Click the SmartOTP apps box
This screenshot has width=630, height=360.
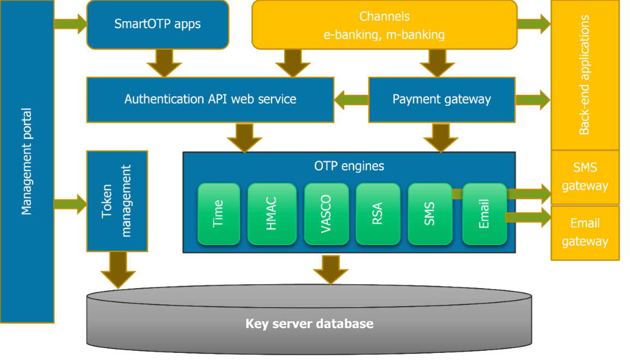(x=158, y=25)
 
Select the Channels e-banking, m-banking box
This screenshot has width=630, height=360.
(x=384, y=25)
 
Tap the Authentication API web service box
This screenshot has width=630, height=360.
(x=210, y=99)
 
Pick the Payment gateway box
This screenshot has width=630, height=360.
(x=441, y=99)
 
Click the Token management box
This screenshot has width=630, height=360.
(x=117, y=201)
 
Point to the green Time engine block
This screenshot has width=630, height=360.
(x=219, y=214)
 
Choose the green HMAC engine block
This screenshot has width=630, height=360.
(x=272, y=214)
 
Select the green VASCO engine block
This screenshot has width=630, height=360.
(x=326, y=214)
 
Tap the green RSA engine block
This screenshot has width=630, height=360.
(x=377, y=214)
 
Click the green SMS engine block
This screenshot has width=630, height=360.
(x=430, y=214)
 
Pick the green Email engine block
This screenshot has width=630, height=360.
(x=484, y=214)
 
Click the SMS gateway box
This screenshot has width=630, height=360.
(x=585, y=177)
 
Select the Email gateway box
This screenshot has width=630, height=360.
(x=585, y=232)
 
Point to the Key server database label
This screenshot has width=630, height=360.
(x=309, y=324)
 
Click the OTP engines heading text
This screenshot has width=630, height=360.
(x=349, y=166)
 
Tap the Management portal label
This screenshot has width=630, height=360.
(x=26, y=161)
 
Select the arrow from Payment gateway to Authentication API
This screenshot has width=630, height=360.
(x=351, y=99)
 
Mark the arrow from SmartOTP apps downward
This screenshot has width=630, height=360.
(x=164, y=62)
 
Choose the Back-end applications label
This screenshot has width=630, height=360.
(x=584, y=75)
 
